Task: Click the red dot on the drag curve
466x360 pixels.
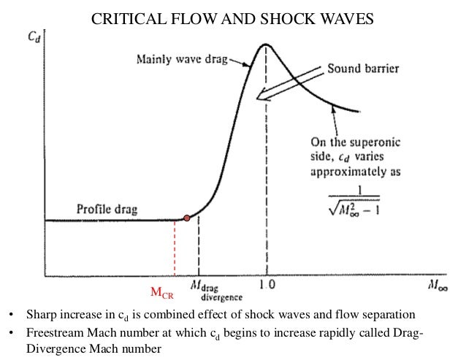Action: [187, 218]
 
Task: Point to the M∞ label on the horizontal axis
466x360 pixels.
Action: [439, 287]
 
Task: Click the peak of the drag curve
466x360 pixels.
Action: [267, 45]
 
